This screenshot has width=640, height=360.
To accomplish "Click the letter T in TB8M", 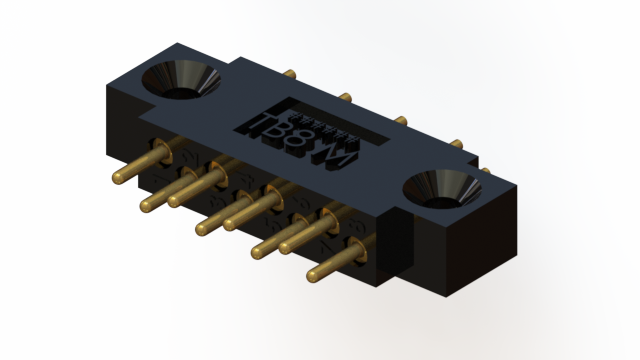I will coord(255,126).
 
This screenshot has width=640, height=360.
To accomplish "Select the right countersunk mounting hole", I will coord(437,186).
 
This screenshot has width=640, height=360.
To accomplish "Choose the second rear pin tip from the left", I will coord(344,97).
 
